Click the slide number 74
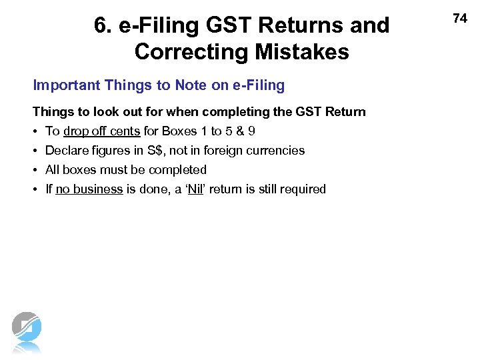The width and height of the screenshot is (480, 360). (460, 19)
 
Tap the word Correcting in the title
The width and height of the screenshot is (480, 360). (185, 51)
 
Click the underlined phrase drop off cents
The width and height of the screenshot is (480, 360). (101, 131)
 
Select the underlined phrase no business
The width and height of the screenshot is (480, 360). (89, 189)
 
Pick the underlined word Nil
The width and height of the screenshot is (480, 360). (195, 189)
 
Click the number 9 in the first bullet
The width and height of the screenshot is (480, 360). (251, 131)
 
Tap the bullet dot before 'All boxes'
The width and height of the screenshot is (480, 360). (36, 170)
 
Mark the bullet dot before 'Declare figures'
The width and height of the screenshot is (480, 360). (36, 151)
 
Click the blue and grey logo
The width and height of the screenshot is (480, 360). (27, 330)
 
